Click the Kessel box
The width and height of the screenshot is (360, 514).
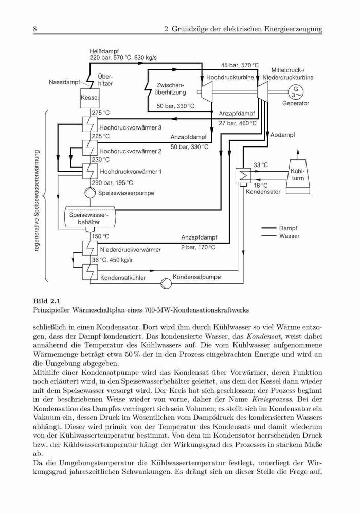[x=89, y=97]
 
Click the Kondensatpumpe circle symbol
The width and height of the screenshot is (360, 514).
[x=166, y=283]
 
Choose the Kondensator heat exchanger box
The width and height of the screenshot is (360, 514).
[x=243, y=176]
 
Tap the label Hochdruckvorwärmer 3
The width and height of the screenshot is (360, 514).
[x=130, y=128]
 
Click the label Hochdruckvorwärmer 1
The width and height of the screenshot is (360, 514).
[x=131, y=172]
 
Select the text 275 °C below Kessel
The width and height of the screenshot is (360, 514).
[x=101, y=113]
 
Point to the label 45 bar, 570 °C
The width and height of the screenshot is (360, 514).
[x=240, y=65]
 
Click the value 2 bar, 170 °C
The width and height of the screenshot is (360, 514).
[x=199, y=247]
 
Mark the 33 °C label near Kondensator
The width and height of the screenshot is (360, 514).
[x=261, y=165]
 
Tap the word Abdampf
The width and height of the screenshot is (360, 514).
[x=283, y=135]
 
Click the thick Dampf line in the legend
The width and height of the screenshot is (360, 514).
[x=268, y=228]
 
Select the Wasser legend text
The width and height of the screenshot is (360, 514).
[x=289, y=236]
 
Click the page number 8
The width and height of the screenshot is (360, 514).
[x=35, y=29]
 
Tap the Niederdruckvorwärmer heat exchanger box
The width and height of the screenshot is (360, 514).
[x=89, y=248]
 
